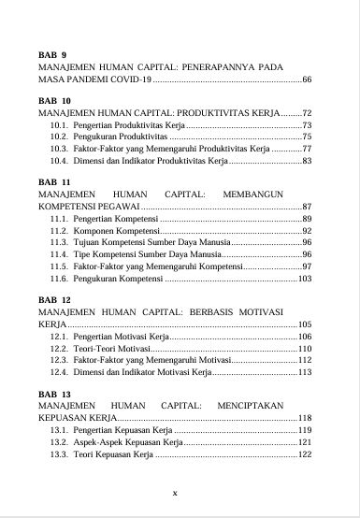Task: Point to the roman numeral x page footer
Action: (x=175, y=492)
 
